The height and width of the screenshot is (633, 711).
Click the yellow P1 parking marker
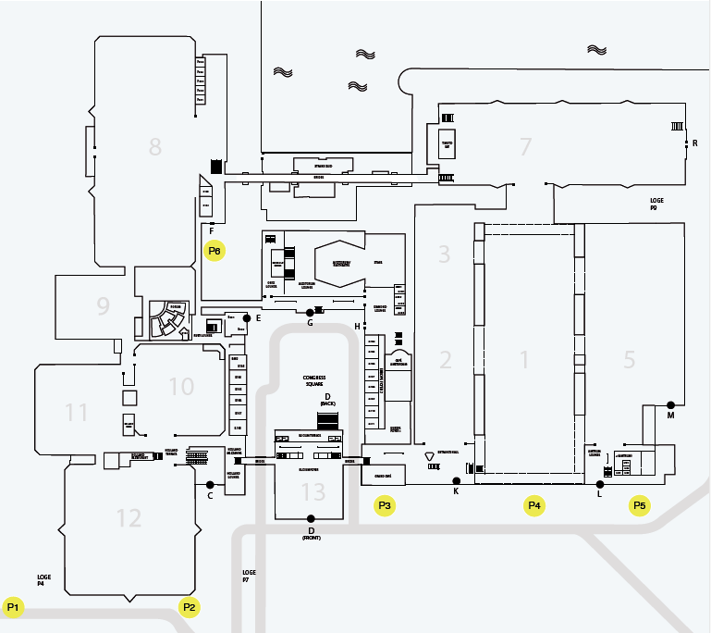[x=13, y=607]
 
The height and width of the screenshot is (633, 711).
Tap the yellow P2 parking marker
[x=189, y=607]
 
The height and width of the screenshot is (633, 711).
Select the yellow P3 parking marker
[x=385, y=505]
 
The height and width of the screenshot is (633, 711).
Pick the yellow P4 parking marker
[x=533, y=505]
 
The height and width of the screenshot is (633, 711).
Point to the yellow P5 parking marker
[x=639, y=505]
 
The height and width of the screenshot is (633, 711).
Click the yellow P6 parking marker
[x=215, y=251]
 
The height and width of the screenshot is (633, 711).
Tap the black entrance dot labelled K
[x=456, y=480]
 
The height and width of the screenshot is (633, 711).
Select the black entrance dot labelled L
[x=600, y=484]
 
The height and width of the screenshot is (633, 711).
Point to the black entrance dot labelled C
[x=210, y=485]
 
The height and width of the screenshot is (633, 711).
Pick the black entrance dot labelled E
[x=247, y=317]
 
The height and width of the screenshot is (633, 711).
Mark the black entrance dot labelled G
[x=311, y=313]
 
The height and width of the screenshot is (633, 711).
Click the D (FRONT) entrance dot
[x=311, y=518]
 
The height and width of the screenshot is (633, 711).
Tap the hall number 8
[x=154, y=146]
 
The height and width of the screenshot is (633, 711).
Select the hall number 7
[x=526, y=146]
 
